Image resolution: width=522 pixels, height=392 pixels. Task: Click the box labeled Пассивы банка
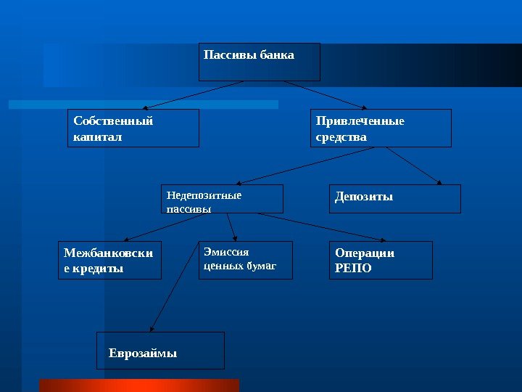pos(260,62)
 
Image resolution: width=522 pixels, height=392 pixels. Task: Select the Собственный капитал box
pos(133,128)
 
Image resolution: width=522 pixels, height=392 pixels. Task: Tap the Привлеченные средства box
pos(381,128)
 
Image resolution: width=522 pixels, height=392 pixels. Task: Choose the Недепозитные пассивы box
pos(222,198)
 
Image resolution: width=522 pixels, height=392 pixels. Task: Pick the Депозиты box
pos(395,198)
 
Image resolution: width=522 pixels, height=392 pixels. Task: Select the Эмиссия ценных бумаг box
pos(246,261)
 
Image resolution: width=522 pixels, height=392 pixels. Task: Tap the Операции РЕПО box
pos(381,261)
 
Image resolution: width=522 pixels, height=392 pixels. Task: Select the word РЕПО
pos(353,268)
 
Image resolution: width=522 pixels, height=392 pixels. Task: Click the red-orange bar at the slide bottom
pos(138,385)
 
